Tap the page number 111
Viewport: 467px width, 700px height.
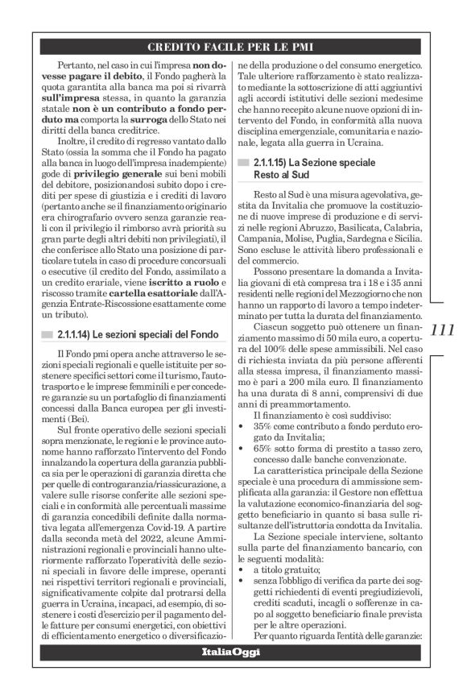coord(443,330)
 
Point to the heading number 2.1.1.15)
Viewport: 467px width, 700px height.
coord(278,163)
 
